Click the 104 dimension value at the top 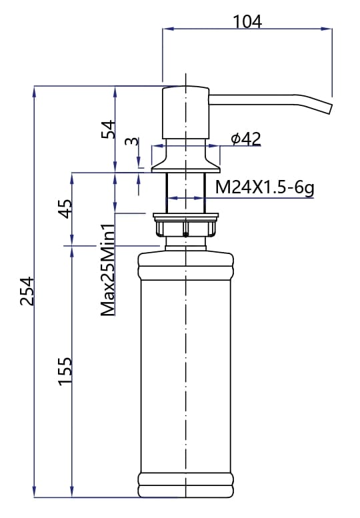point(247,21)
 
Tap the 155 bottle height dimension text point(65,371)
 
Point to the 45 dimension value point(65,209)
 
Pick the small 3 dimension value point(131,141)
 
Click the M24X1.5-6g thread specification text point(265,189)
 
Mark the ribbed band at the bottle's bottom point(185,484)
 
